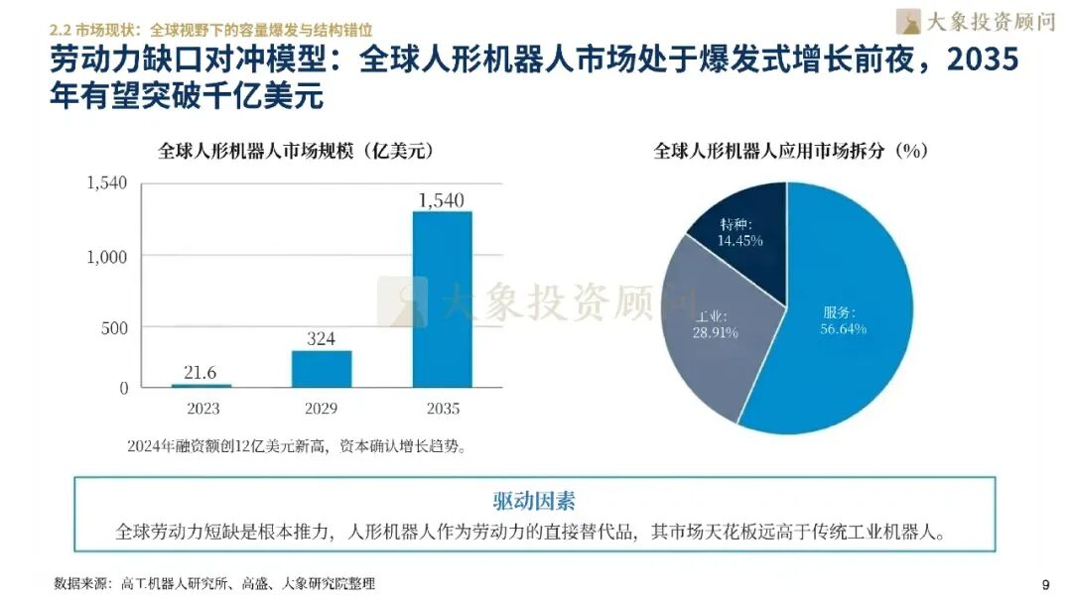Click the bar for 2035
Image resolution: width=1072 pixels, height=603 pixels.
(442, 299)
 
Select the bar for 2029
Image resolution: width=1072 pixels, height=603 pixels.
(322, 368)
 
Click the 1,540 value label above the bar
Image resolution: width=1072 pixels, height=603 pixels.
(442, 200)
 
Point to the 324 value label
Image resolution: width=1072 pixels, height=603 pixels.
(321, 339)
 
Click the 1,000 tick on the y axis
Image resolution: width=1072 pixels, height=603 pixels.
(107, 256)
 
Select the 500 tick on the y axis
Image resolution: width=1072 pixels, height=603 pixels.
(114, 328)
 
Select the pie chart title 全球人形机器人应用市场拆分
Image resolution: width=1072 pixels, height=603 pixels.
(790, 152)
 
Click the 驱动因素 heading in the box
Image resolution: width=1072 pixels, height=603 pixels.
(534, 500)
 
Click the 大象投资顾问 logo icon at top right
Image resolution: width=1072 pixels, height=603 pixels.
(908, 22)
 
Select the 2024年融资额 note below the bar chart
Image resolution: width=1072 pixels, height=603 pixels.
(296, 446)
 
